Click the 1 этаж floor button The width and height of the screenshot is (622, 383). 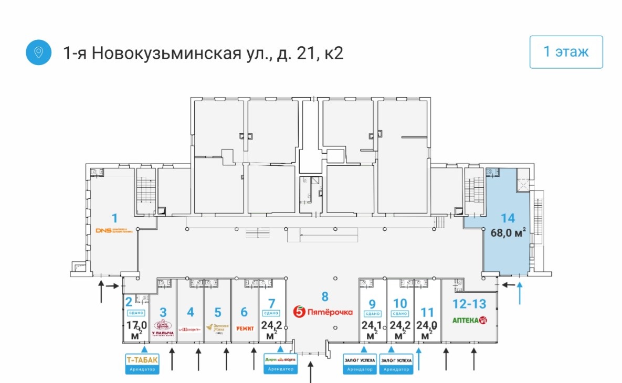tap(566, 52)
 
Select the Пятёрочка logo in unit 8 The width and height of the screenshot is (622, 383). tap(323, 312)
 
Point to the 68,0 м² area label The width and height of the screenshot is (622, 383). tap(508, 233)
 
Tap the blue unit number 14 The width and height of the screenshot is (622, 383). tap(508, 218)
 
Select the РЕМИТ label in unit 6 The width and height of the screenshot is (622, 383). tap(245, 328)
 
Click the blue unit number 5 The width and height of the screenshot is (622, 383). tap(218, 312)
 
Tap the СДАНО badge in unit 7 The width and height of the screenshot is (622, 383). tap(271, 314)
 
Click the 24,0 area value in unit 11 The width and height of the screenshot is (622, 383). tap(427, 324)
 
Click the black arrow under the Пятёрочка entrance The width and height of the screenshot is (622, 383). tap(311, 373)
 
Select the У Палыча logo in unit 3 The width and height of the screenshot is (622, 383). tap(163, 328)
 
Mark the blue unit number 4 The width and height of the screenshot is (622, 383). tap(191, 312)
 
